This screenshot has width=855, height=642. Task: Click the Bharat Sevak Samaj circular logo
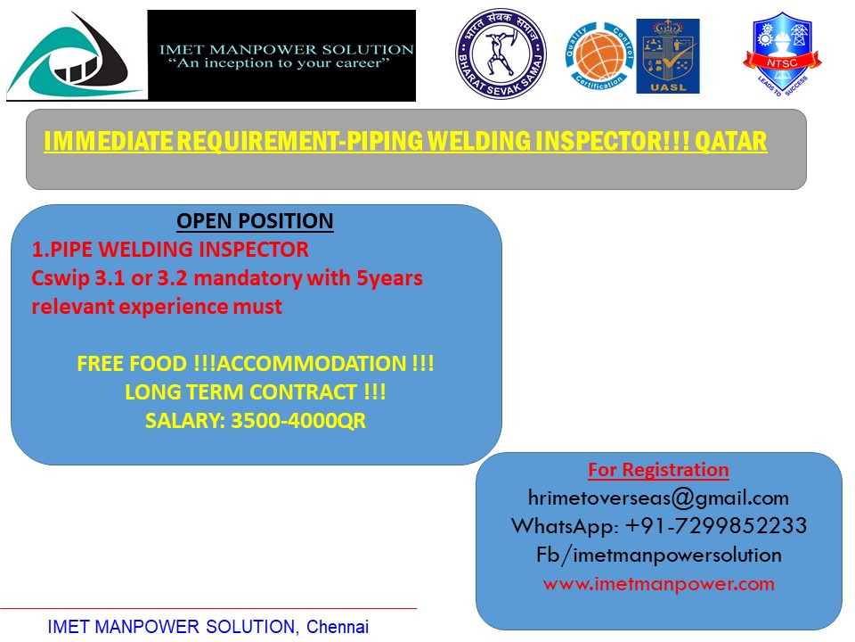(501, 53)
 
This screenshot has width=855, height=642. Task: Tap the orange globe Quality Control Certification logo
(599, 56)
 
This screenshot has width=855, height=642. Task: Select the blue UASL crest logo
(668, 56)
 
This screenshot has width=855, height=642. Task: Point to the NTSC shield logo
(782, 53)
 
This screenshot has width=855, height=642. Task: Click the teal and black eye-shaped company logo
(74, 56)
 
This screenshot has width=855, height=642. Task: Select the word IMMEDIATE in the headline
(109, 142)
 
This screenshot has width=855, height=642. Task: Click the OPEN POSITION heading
(255, 221)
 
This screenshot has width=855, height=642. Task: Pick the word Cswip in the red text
(61, 278)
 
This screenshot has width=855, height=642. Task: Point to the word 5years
(389, 278)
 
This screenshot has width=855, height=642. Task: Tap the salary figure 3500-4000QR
(298, 421)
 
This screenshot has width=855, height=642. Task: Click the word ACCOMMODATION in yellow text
(312, 364)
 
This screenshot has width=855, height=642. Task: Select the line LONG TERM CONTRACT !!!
(256, 392)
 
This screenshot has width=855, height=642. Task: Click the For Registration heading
(658, 470)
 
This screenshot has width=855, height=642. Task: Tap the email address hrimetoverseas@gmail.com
(658, 498)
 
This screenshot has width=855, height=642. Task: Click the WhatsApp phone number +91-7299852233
(716, 526)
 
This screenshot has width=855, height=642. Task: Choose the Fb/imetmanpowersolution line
(659, 555)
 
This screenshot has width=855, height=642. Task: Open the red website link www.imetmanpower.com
(659, 583)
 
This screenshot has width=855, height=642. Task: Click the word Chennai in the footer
(338, 627)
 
